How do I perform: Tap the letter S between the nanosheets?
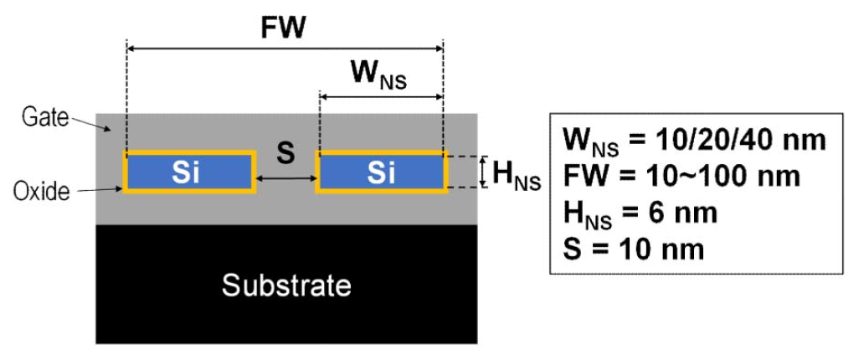pos(285,154)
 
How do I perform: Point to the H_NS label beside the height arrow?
pos(517,177)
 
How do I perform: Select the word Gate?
pos(47,117)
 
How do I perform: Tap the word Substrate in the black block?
pos(286,285)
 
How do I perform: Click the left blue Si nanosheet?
pos(189,172)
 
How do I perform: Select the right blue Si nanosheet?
pos(380,172)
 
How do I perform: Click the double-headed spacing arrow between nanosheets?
pos(285,177)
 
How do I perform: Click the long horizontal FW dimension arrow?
pos(285,49)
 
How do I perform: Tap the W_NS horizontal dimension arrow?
pos(381,97)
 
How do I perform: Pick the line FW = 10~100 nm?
pos(681,177)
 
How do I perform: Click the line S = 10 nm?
pos(634,249)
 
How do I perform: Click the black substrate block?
pos(286,285)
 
